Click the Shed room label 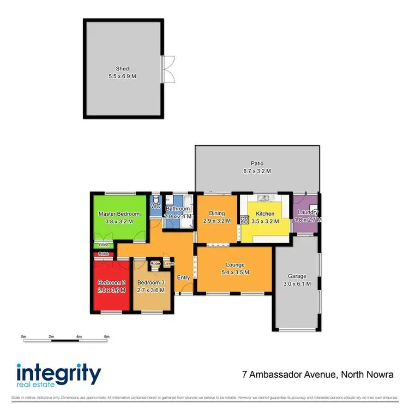[x=122, y=69]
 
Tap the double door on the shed [x=167, y=69]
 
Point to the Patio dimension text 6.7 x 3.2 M [x=257, y=171]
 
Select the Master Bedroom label [x=119, y=214]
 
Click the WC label [x=155, y=207]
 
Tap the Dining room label [x=216, y=214]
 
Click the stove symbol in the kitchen [x=244, y=220]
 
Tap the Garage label [x=297, y=276]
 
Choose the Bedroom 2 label [x=111, y=282]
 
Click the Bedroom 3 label [x=151, y=282]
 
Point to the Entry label [x=183, y=277]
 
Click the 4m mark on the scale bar [x=79, y=336]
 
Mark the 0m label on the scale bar [x=23, y=336]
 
